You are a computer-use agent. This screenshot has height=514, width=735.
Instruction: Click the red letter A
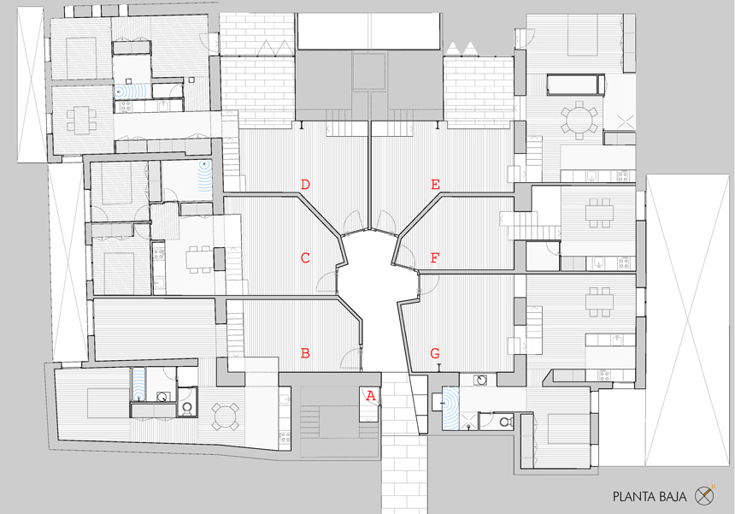tap(371, 396)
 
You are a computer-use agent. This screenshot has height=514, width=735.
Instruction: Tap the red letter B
tap(305, 353)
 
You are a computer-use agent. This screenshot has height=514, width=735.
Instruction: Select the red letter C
tap(305, 258)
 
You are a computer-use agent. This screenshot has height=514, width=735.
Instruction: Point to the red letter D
tap(305, 185)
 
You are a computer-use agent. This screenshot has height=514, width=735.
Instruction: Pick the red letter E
tap(436, 185)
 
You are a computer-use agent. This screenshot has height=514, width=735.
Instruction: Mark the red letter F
tap(435, 258)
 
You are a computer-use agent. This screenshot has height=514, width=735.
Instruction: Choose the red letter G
tap(435, 353)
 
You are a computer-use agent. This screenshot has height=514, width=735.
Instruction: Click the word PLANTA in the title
tap(635, 497)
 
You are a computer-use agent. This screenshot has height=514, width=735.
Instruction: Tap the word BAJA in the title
tap(673, 497)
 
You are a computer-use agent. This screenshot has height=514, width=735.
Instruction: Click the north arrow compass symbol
tap(704, 495)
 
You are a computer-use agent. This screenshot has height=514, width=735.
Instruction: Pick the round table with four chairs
tap(226, 416)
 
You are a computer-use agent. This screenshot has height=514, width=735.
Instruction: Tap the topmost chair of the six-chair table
tap(579, 104)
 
